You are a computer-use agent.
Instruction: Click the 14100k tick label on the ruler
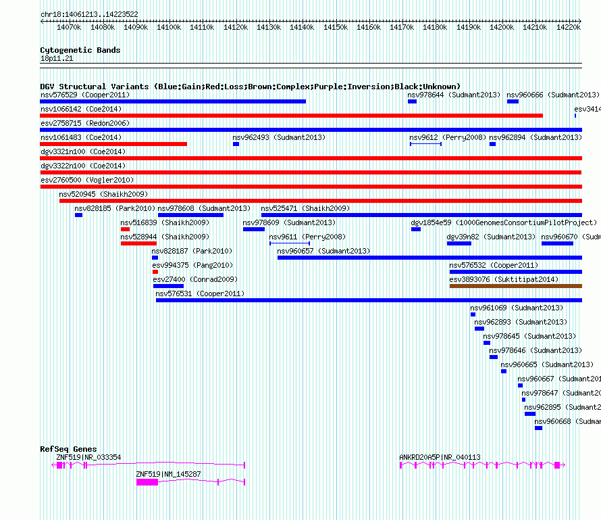pyautogui.click(x=168, y=27)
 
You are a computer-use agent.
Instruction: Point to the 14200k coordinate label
pyautogui.click(x=501, y=27)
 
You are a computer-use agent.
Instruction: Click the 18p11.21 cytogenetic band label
pyautogui.click(x=57, y=59)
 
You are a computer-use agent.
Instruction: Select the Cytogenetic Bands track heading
pyautogui.click(x=80, y=50)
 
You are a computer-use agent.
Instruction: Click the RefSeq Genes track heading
pyautogui.click(x=68, y=449)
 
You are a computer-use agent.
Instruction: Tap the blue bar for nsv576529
pyautogui.click(x=173, y=101)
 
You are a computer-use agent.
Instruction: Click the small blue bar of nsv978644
pyautogui.click(x=412, y=101)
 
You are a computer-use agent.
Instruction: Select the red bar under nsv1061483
pyautogui.click(x=113, y=144)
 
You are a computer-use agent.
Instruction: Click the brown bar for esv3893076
pyautogui.click(x=515, y=286)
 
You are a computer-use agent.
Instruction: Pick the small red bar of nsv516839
pyautogui.click(x=125, y=229)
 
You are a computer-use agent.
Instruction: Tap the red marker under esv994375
pyautogui.click(x=155, y=272)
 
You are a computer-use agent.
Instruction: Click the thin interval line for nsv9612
pyautogui.click(x=425, y=144)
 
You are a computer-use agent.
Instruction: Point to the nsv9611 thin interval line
pyautogui.click(x=289, y=243)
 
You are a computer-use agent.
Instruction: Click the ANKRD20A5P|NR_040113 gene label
pyautogui.click(x=440, y=457)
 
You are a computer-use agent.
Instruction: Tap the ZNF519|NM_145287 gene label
pyautogui.click(x=168, y=474)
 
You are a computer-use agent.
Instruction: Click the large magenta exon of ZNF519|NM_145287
pyautogui.click(x=147, y=482)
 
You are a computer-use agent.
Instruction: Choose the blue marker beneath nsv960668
pyautogui.click(x=538, y=428)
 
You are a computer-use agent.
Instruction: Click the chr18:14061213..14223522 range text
pyautogui.click(x=89, y=14)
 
